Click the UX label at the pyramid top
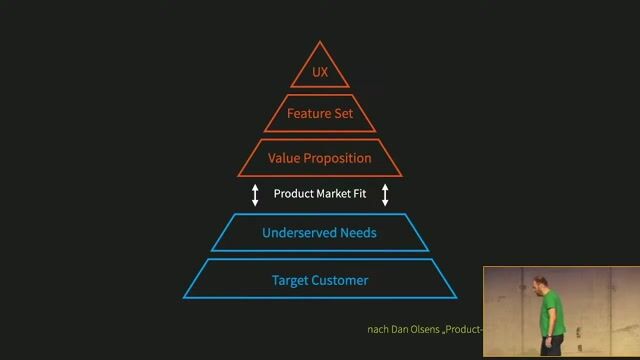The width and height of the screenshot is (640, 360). [320, 73]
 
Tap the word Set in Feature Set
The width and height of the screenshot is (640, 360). [343, 114]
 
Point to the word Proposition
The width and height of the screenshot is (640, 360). [338, 158]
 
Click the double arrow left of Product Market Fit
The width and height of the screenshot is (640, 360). [255, 194]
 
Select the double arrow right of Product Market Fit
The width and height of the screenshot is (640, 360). [385, 194]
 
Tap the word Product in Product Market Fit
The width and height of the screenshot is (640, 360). [294, 194]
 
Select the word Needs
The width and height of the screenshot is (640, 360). [358, 233]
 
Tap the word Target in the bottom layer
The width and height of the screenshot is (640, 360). [292, 280]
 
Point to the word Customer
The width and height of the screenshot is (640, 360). [342, 280]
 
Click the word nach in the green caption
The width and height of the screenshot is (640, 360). [378, 330]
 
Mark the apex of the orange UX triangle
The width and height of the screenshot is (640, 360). [320, 42]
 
